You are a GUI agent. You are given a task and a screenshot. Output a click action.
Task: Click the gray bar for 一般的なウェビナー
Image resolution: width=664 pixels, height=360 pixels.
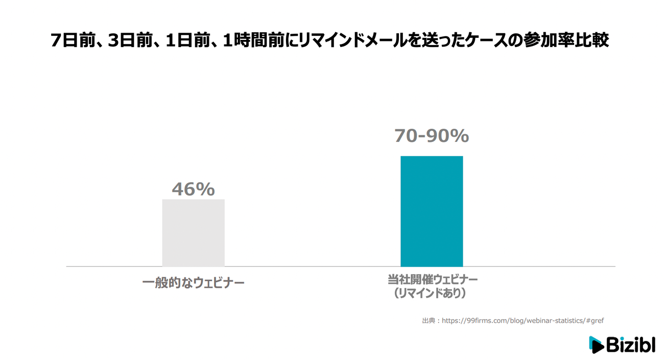point(193,233)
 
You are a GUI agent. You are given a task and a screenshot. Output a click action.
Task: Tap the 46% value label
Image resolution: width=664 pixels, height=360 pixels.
point(193,189)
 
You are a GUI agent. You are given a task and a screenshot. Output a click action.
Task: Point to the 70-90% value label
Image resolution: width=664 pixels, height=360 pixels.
point(432,136)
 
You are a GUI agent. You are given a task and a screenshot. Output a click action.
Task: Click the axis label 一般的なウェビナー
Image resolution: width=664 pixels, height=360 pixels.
point(193,282)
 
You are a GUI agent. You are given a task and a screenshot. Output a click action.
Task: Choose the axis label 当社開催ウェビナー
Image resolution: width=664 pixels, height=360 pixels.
point(432,280)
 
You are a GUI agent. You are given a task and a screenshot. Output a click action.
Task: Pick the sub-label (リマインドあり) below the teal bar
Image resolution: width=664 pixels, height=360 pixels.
point(432,294)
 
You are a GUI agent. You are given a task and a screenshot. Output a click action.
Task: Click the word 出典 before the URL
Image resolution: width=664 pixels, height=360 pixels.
point(428,321)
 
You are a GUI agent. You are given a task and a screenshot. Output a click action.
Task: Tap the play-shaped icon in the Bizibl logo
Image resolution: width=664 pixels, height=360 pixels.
point(596,345)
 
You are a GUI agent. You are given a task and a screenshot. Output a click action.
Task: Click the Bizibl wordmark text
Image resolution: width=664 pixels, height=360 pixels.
point(630,345)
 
